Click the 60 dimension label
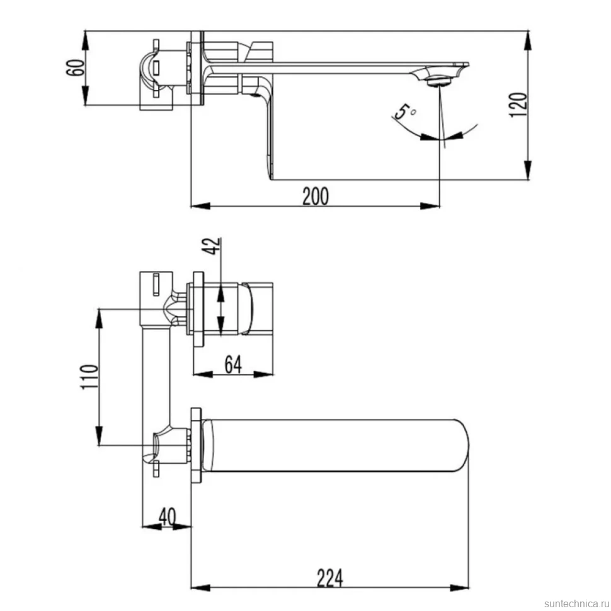(x=76, y=67)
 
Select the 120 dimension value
(x=518, y=105)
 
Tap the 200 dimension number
(x=316, y=196)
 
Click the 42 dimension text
(x=213, y=246)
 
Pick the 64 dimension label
(x=233, y=364)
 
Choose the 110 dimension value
(x=89, y=377)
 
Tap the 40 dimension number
(x=167, y=517)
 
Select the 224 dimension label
(x=330, y=578)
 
